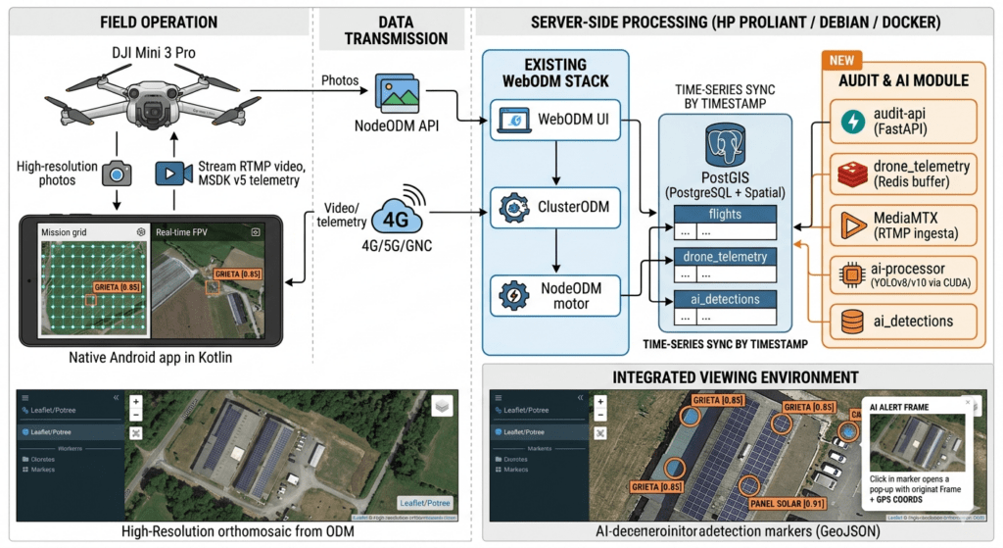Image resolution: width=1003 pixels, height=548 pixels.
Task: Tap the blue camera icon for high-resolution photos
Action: point(117,174)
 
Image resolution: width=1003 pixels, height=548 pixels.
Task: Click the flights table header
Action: point(724,213)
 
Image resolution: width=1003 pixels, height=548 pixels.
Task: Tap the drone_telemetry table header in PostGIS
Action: point(724,257)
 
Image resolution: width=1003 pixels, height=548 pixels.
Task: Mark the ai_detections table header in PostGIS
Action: point(724,299)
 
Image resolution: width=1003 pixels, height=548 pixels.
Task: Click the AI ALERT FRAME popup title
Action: point(907,405)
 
